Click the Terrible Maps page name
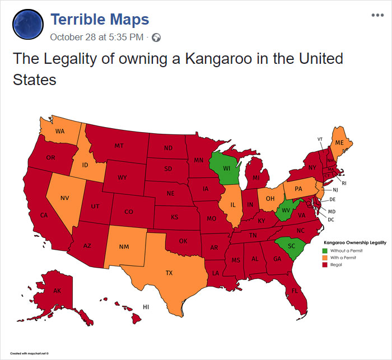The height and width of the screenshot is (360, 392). coord(100,20)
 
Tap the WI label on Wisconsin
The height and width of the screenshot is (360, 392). coord(226,168)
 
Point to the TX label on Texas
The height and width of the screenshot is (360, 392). coord(169,273)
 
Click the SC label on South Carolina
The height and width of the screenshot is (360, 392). coord(291,246)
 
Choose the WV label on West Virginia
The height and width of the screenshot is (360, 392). coord(285,209)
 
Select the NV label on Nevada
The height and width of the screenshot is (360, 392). coord(66,198)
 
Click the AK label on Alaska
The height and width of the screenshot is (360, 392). coord(57,291)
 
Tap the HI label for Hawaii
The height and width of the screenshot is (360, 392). coord(146,307)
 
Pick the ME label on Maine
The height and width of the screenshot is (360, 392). coord(339,143)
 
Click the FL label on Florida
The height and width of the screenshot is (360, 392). coord(295,290)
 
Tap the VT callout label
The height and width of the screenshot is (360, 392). coord(320,139)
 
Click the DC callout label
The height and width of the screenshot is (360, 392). coord(330,219)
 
